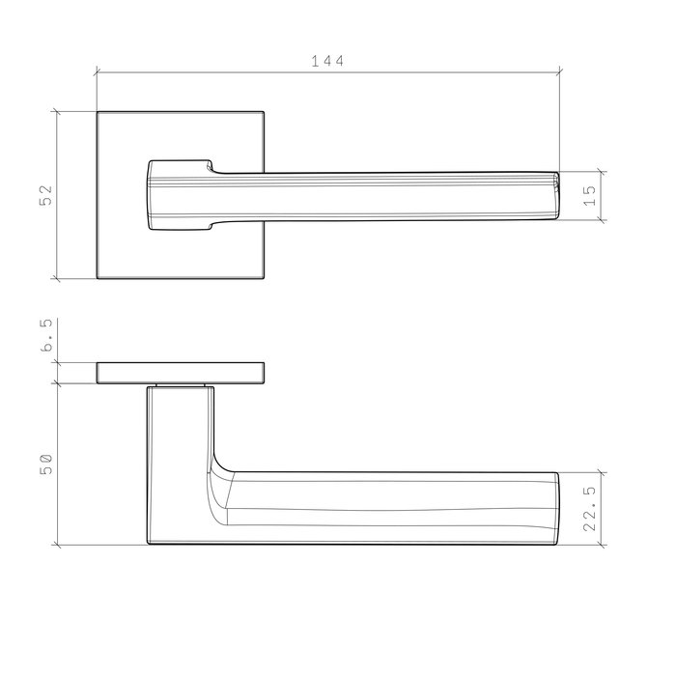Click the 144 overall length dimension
coord(327,60)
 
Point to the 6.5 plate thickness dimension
coord(45,343)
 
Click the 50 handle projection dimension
coord(45,464)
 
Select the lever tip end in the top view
coord(555,196)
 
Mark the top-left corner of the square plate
coord(98,112)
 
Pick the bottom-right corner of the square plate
coord(264,279)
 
